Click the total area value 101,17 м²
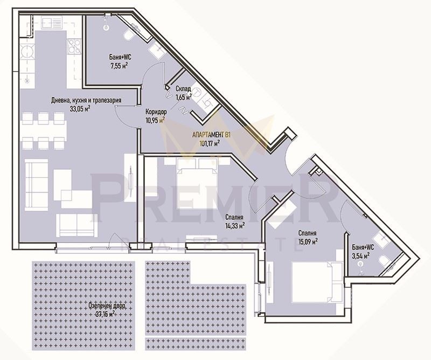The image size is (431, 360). coord(210,144)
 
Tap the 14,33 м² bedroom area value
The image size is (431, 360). coord(234,226)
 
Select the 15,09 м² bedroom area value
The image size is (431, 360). coord(307,241)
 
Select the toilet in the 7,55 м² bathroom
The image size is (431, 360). coord(129,35)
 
